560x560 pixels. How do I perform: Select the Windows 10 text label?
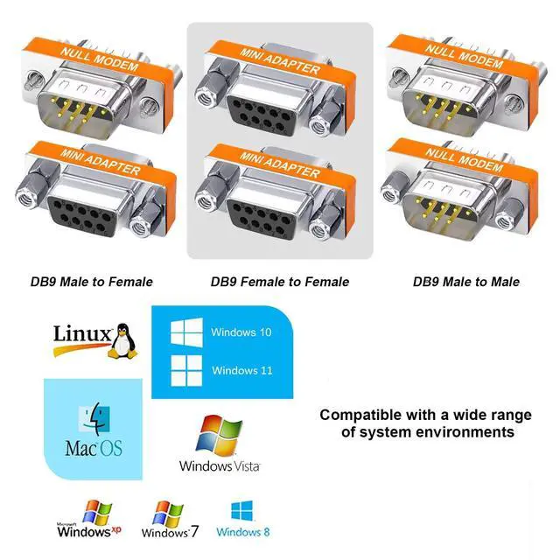point(241,332)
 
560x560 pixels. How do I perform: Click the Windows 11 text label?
point(241,370)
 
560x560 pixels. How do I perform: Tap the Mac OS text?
point(94,450)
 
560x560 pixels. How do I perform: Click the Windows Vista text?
point(220,465)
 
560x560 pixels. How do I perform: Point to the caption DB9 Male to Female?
point(92,282)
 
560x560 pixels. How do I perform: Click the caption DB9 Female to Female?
point(280,282)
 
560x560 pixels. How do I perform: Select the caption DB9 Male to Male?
point(466,282)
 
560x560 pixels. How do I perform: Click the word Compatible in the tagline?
point(359,416)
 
